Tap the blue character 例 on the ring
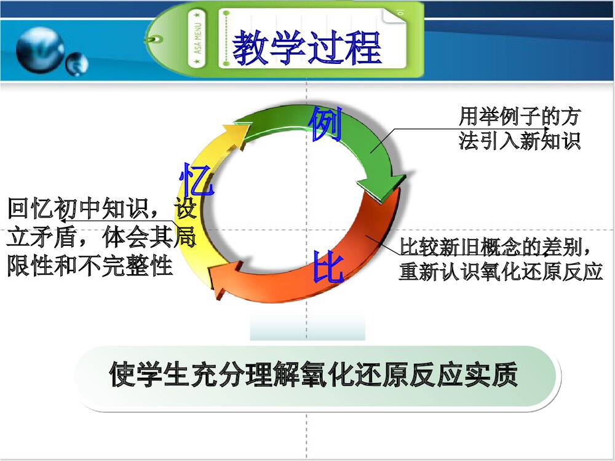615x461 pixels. [325, 124]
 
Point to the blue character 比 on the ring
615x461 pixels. [327, 267]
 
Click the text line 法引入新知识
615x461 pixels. [519, 141]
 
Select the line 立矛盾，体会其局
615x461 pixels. [101, 237]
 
